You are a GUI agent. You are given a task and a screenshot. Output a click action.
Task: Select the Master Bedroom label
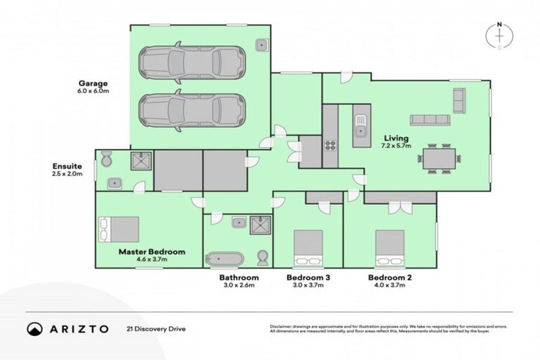[x=151, y=251]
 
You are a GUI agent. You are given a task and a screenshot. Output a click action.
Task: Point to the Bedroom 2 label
[x=390, y=278]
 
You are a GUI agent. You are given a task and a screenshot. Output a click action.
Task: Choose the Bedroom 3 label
[x=309, y=278]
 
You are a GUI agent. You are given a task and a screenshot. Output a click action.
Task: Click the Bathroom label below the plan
[x=239, y=278]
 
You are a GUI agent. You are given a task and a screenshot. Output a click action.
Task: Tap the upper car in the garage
[x=191, y=63]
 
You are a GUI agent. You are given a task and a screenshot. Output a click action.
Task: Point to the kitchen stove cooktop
[x=330, y=145]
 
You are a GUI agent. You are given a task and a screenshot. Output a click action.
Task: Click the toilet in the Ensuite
[x=105, y=160]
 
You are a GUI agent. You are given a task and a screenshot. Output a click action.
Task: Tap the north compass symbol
[x=499, y=36]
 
